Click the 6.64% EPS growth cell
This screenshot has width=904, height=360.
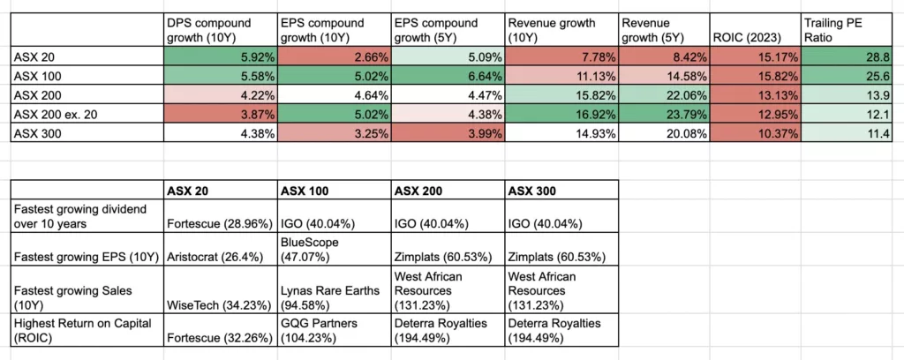pos(481,75)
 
